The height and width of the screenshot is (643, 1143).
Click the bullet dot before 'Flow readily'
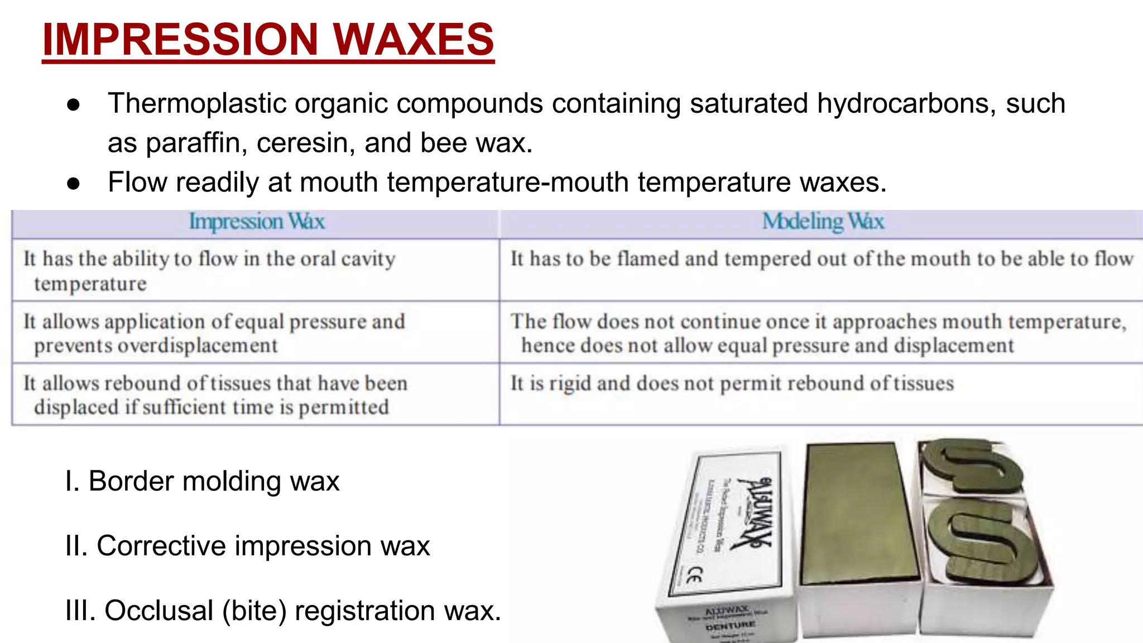tap(74, 183)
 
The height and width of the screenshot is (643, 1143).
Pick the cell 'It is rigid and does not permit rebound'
tap(732, 383)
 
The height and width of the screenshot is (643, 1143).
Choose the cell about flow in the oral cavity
tap(209, 270)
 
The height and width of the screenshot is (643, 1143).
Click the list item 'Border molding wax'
tap(202, 481)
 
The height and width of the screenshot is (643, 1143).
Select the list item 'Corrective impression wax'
tap(248, 546)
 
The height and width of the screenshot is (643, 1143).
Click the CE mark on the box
tap(693, 575)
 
